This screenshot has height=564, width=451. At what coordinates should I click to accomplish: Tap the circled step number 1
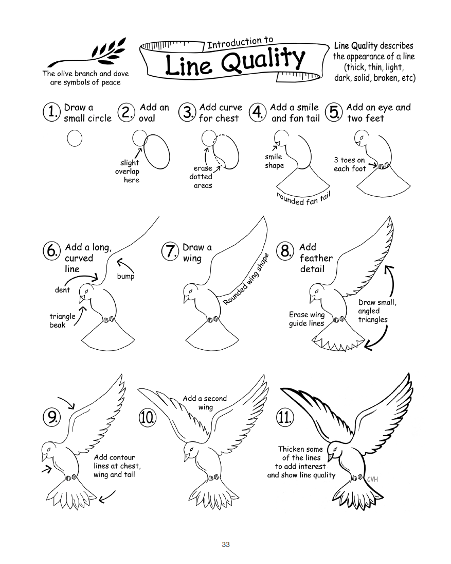51,113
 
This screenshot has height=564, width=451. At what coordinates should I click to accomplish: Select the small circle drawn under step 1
75,139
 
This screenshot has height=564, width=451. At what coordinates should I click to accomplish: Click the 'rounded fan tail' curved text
303,198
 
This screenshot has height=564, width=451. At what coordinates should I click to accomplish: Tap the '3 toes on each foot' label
350,164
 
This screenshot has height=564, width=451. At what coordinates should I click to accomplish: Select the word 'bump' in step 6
125,277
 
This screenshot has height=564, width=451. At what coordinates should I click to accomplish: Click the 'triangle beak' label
62,320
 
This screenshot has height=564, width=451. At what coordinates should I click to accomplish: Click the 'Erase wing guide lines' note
306,319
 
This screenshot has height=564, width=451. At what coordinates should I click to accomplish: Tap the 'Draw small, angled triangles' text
376,311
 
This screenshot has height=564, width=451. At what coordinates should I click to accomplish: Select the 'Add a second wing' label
204,403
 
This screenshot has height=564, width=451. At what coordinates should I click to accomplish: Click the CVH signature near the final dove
372,479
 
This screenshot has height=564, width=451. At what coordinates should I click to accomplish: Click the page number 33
225,545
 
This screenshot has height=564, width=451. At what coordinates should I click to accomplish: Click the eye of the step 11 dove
337,450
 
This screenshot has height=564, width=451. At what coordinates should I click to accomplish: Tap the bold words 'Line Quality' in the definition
355,46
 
